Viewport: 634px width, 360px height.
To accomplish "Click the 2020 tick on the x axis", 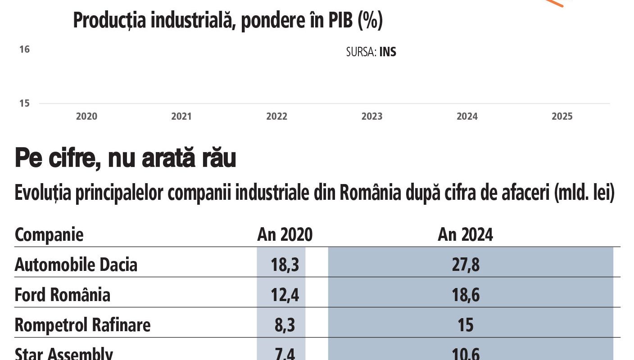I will pos(86,117).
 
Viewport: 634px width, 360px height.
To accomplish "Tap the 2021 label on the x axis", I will pos(181,117).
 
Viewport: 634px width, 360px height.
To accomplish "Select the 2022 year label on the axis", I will pos(276,117).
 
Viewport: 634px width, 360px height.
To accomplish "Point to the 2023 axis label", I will pos(372,117).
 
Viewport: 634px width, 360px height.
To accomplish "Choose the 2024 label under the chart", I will pos(467,117).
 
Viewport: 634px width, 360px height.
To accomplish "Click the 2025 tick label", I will pos(562,117).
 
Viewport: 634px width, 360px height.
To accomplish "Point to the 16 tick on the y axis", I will pos(24,49).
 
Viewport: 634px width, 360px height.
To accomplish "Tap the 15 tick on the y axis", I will pos(24,103).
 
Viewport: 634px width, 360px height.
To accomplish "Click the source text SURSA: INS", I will pos(371,52).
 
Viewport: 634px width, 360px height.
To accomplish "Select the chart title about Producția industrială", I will pos(227,21).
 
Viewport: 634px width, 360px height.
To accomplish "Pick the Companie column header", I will pos(49,235).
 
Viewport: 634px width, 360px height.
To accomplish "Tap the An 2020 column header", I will pos(285,235).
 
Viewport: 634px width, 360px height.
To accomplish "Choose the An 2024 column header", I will pos(465,235).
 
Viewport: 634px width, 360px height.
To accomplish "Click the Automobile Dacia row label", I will pos(76,265).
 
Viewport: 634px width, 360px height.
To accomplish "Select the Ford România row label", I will pos(63,295).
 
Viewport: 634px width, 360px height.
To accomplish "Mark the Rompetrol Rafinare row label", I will pos(82,325).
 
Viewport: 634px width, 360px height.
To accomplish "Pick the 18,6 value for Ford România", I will pos(466,295).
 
